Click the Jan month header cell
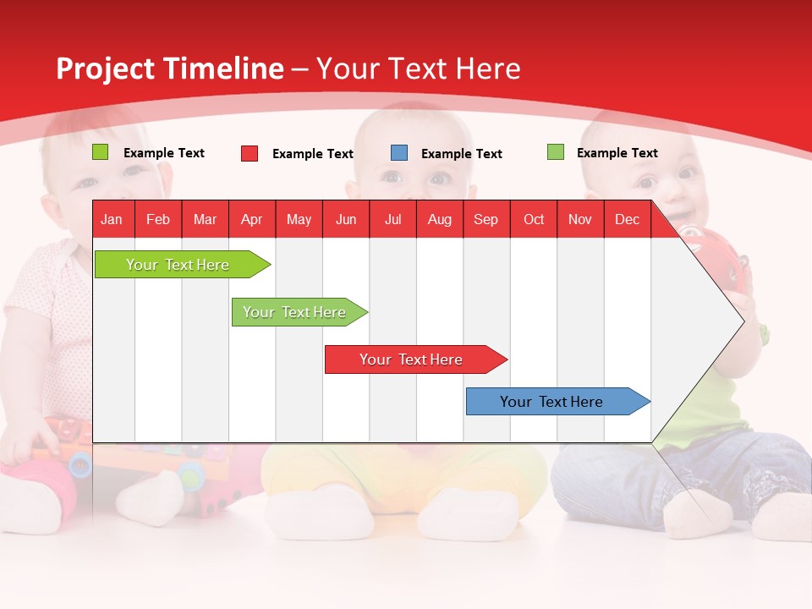(x=112, y=219)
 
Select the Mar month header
(x=205, y=219)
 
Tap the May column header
(x=299, y=219)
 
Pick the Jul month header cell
(x=392, y=219)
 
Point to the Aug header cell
(x=439, y=219)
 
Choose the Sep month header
(x=486, y=219)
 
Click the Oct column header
(x=533, y=219)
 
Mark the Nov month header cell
(x=579, y=219)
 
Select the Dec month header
(x=627, y=219)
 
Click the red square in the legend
(x=250, y=153)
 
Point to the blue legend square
(x=399, y=153)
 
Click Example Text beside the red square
(x=312, y=154)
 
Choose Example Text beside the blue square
(x=461, y=154)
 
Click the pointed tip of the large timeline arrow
(x=742, y=321)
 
